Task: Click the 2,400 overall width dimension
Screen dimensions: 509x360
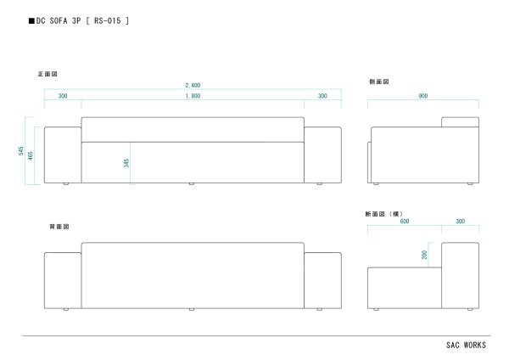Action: [x=193, y=86]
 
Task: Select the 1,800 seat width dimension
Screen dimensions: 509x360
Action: [x=193, y=96]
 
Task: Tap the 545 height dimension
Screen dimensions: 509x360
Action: [x=20, y=151]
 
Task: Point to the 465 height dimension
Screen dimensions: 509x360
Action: [x=31, y=155]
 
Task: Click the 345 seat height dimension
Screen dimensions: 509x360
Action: [x=126, y=162]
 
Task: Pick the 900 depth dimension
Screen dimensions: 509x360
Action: [x=422, y=96]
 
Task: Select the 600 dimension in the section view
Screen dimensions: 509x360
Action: [x=404, y=221]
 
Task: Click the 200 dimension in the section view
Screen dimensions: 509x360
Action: [x=424, y=255]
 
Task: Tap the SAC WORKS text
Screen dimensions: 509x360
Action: [x=466, y=346]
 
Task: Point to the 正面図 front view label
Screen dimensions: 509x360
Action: [x=47, y=75]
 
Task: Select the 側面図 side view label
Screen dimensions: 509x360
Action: [x=378, y=82]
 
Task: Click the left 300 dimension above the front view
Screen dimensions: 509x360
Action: [x=63, y=96]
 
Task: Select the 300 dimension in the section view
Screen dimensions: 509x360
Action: [x=459, y=221]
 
